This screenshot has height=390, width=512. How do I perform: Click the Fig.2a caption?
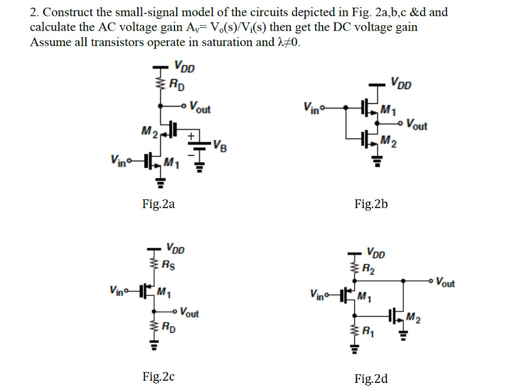click(x=159, y=204)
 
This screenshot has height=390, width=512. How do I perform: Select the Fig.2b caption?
click(x=371, y=204)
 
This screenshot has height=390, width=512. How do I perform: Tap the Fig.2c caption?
click(x=159, y=377)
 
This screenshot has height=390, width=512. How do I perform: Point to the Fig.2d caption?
click(x=371, y=379)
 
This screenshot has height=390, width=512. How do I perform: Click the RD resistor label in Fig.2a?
click(x=177, y=85)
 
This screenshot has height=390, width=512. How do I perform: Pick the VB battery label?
click(x=220, y=146)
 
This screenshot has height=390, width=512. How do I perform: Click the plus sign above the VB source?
click(x=191, y=135)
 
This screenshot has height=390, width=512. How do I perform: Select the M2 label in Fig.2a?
click(x=149, y=132)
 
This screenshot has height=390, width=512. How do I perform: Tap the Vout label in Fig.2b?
click(x=417, y=125)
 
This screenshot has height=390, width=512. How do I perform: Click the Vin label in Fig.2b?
click(x=311, y=108)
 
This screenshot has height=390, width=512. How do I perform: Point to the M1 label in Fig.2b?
click(x=388, y=110)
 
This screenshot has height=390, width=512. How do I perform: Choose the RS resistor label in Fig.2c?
click(x=168, y=265)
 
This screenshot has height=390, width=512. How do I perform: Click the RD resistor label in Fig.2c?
click(x=168, y=327)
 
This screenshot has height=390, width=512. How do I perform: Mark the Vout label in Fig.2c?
click(x=189, y=312)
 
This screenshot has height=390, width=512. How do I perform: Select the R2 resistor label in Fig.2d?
click(x=368, y=269)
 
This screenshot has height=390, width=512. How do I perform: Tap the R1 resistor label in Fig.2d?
click(x=368, y=332)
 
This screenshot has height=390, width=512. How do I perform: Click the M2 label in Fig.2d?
click(x=413, y=318)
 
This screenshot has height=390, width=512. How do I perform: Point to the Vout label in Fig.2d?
click(x=445, y=282)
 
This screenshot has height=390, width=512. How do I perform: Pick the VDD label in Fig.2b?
click(x=401, y=83)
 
